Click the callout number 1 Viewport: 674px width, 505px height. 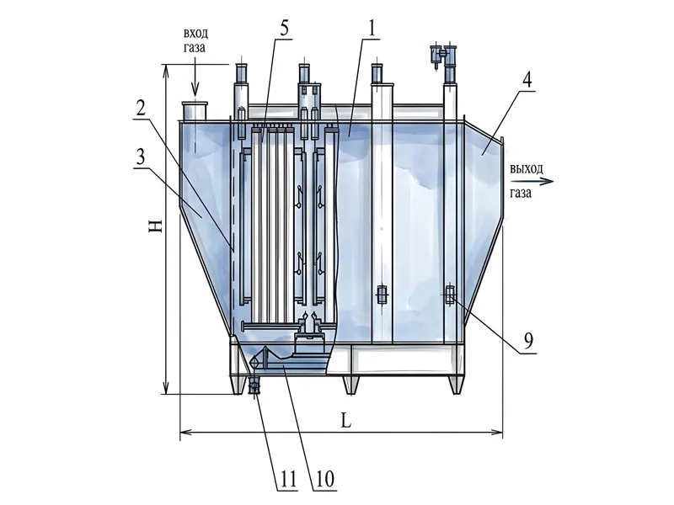pyautogui.click(x=371, y=28)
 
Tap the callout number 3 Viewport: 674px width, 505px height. pyautogui.click(x=140, y=157)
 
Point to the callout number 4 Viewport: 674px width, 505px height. pyautogui.click(x=527, y=80)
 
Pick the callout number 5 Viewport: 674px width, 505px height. pyautogui.click(x=284, y=28)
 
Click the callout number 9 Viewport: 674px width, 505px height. pyautogui.click(x=528, y=341)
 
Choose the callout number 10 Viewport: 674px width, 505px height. pyautogui.click(x=324, y=479)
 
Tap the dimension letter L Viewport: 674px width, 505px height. pyautogui.click(x=346, y=422)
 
